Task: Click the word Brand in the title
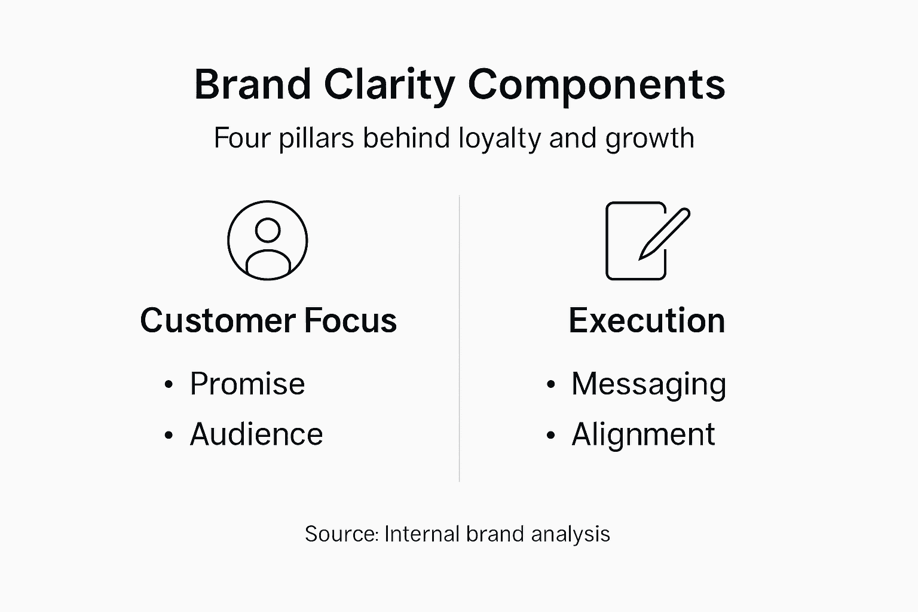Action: tap(252, 84)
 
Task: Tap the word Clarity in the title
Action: tap(389, 84)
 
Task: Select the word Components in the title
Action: tap(596, 84)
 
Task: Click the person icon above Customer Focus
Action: tap(268, 240)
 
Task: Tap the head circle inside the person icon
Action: tap(268, 230)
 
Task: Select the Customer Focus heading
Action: tap(268, 320)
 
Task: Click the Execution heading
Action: tap(647, 320)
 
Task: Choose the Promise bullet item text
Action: tap(247, 384)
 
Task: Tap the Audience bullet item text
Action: tap(256, 434)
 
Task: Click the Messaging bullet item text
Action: tap(648, 384)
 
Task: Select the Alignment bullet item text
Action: tap(643, 434)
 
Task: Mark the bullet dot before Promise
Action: tap(169, 385)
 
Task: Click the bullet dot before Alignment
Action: tap(550, 435)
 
